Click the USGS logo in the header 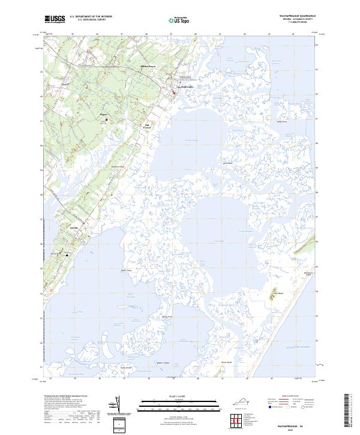click(55, 19)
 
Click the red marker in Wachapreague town click(175, 92)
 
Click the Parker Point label click(126, 271)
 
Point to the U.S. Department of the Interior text click(91, 16)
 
